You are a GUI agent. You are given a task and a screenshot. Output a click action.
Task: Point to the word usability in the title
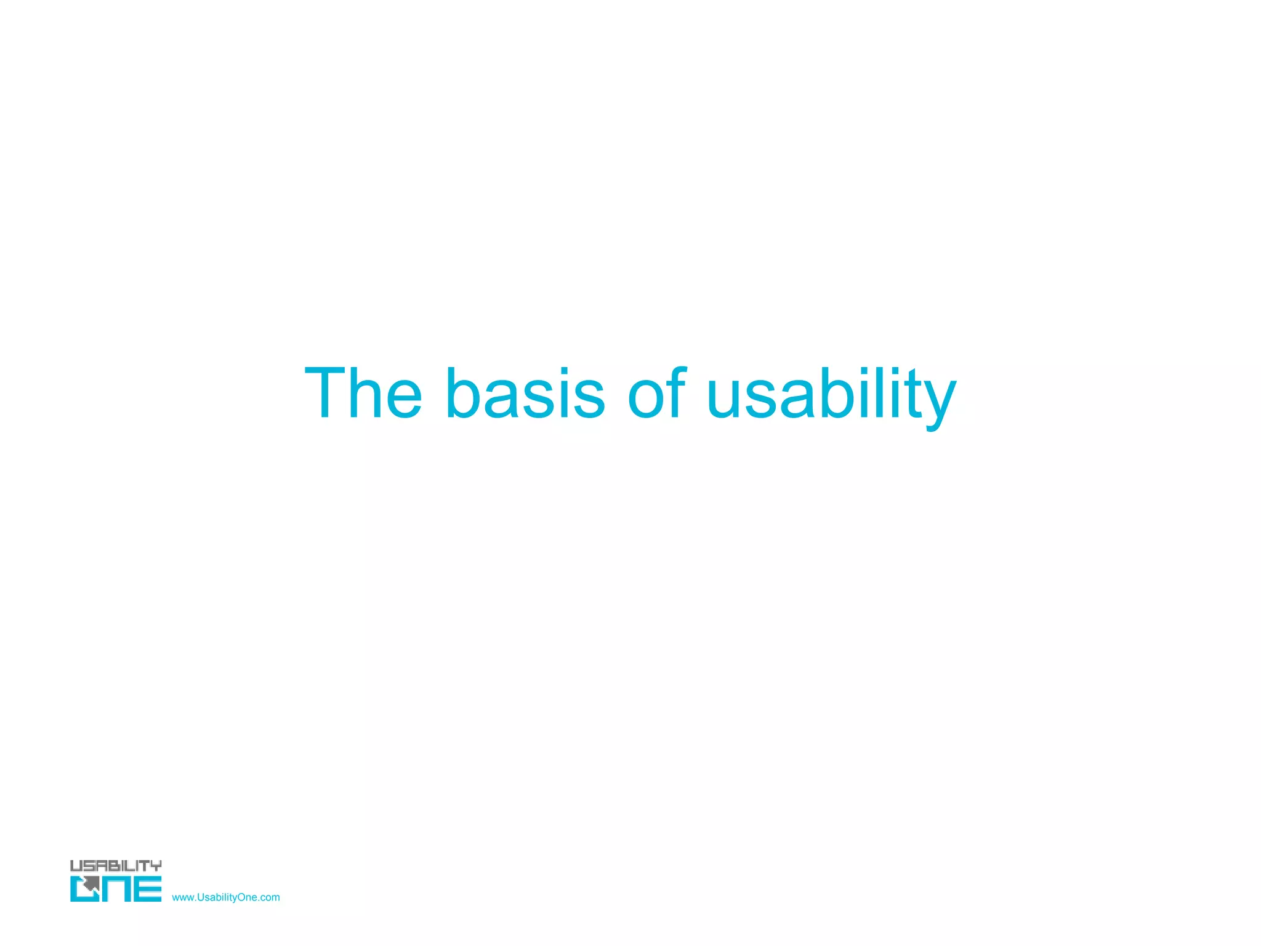831,394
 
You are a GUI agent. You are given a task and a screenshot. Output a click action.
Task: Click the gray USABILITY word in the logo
116,865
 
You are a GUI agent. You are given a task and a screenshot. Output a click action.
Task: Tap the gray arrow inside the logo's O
91,885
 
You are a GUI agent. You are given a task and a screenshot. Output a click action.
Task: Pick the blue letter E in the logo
148,889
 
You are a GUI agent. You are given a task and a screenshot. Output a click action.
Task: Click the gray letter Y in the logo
156,865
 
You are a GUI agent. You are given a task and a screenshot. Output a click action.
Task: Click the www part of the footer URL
183,897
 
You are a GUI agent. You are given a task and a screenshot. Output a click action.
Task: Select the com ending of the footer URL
270,897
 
